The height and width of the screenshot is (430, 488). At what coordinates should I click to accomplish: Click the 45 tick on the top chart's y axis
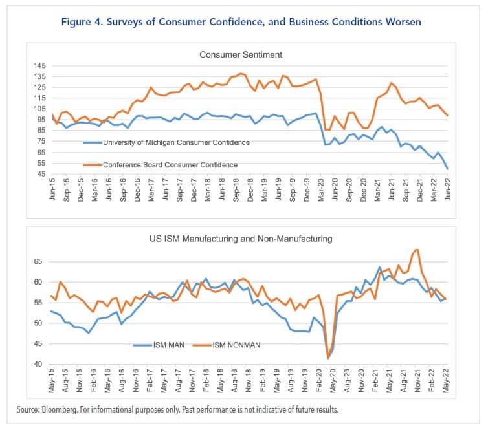[x=41, y=174]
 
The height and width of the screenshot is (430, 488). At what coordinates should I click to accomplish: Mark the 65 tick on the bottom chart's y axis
[x=39, y=261]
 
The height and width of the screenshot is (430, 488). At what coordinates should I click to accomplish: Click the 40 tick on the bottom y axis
[x=39, y=365]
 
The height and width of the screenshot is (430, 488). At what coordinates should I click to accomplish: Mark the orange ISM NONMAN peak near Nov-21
[x=417, y=250]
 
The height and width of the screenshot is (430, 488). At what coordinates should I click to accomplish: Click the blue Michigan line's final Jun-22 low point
[x=447, y=168]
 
